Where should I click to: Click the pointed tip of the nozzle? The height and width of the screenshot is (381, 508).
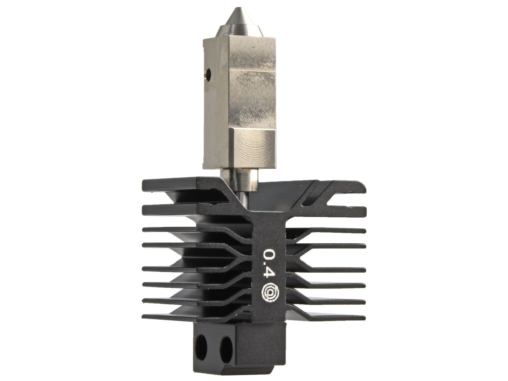point(238,8)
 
